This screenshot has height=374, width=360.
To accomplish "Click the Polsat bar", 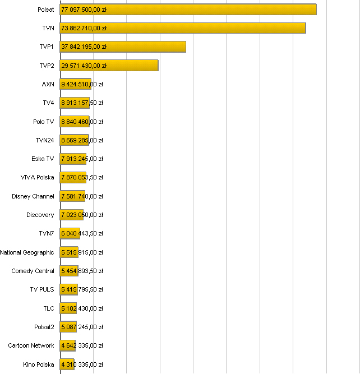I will [188, 10].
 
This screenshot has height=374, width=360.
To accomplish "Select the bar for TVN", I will [183, 28].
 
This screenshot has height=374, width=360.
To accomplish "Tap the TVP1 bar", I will [123, 47].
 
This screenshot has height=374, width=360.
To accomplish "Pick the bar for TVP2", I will [109, 66].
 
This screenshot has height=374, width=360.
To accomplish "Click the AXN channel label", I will [48, 84].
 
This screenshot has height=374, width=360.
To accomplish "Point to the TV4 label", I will [48, 103].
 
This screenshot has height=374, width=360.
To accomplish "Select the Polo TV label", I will [43, 122].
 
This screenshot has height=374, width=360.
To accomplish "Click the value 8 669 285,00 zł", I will [82, 140].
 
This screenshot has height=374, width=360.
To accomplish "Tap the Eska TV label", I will [43, 159].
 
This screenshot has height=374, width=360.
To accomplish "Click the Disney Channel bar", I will [72, 196].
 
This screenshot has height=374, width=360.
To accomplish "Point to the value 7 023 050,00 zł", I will [82, 215].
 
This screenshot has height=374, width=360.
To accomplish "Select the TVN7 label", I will [47, 233].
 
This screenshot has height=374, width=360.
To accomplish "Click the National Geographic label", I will [27, 252].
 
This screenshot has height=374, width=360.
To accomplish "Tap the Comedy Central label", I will [33, 271].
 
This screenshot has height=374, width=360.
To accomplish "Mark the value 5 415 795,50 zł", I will [82, 289].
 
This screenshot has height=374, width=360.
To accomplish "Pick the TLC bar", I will [68, 308].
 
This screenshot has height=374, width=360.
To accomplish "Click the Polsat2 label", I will [44, 327].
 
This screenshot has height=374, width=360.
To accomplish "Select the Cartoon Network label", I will [31, 345].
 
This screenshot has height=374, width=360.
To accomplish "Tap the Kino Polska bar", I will [67, 364].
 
